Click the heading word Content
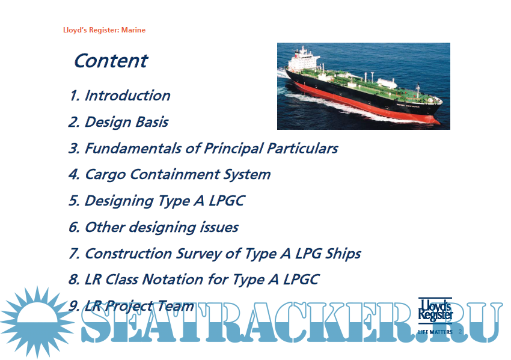pyautogui.click(x=111, y=61)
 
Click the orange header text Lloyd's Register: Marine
pyautogui.click(x=104, y=30)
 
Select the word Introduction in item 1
pyautogui.click(x=127, y=96)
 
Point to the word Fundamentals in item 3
pyautogui.click(x=133, y=148)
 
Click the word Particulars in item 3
pyautogui.click(x=302, y=148)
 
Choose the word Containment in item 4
pyautogui.click(x=175, y=174)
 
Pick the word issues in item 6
pyautogui.click(x=219, y=227)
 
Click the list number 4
pyautogui.click(x=74, y=174)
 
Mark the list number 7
pyautogui.click(x=74, y=254)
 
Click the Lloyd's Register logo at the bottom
pyautogui.click(x=435, y=311)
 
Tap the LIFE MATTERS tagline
pyautogui.click(x=435, y=332)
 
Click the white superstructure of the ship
pyautogui.click(x=304, y=59)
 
